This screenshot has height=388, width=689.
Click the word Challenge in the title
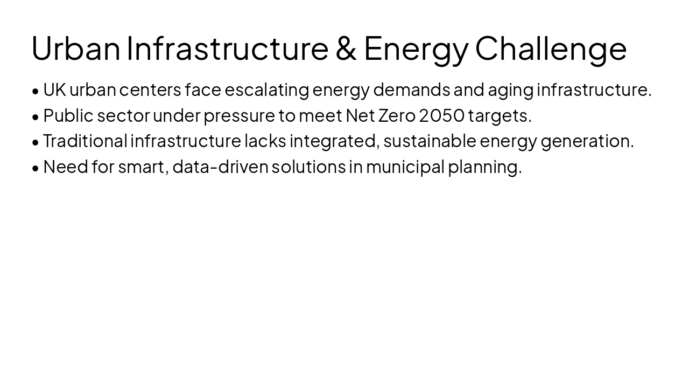click(x=551, y=48)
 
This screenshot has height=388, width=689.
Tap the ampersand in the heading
click(x=346, y=48)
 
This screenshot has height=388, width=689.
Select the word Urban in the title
click(x=76, y=48)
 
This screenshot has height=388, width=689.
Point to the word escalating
click(x=266, y=90)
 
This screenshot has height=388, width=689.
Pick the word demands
click(x=411, y=90)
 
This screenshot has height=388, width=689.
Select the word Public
click(x=68, y=116)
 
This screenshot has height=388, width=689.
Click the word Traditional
click(x=85, y=141)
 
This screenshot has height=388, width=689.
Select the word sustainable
click(x=430, y=141)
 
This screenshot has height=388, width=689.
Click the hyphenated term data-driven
click(x=220, y=167)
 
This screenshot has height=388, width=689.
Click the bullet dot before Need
click(x=36, y=168)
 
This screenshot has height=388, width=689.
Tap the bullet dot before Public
click(x=36, y=117)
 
